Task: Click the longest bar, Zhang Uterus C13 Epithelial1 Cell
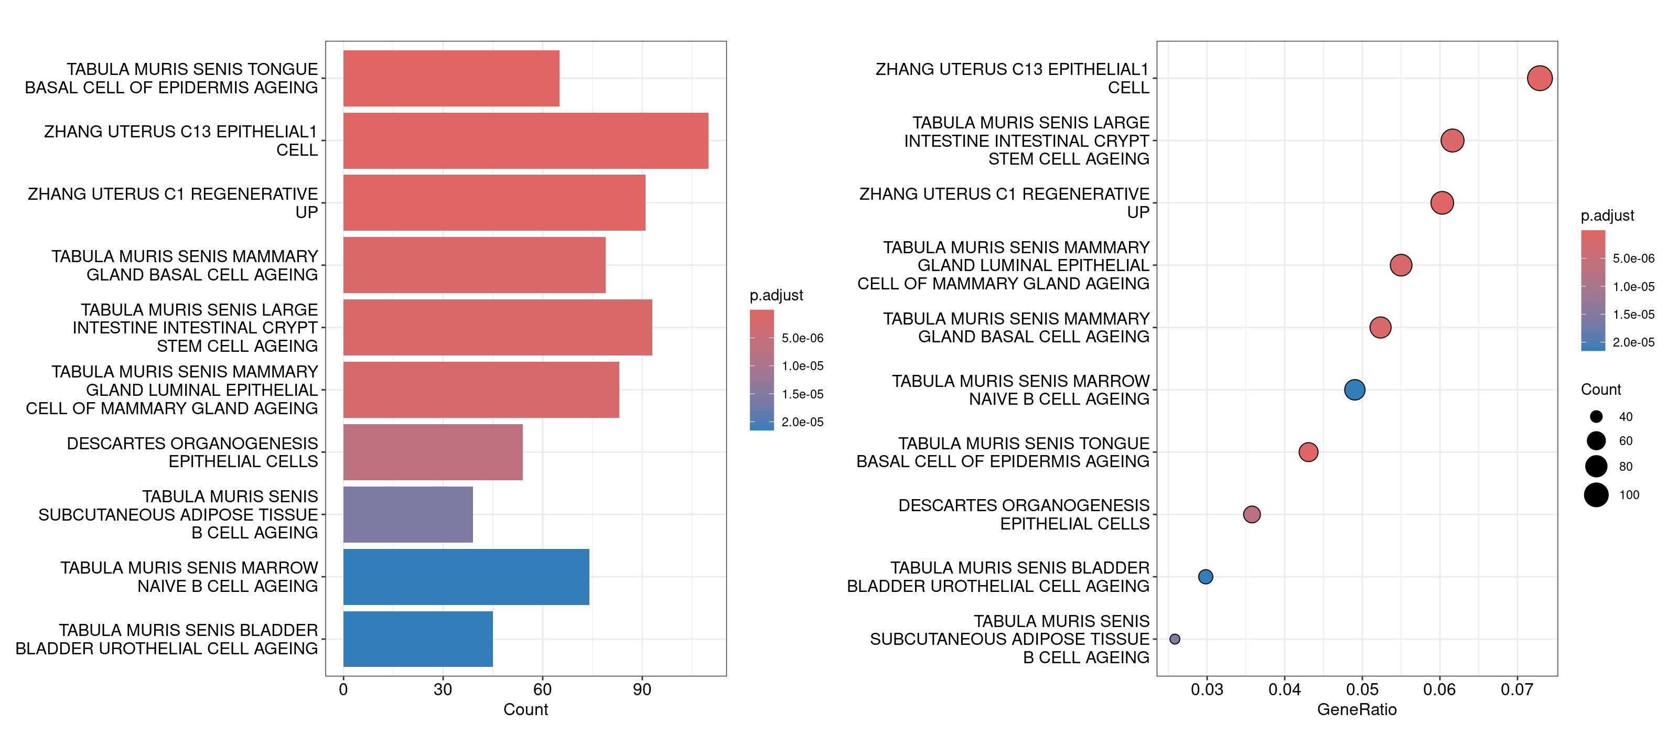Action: coord(525,141)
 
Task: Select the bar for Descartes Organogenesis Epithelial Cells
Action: coord(433,452)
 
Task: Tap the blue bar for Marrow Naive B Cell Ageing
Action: coord(466,576)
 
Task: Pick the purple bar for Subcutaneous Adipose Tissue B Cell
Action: coord(408,514)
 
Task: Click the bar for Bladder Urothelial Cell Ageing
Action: coord(417,639)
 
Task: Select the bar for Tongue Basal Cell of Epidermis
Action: coord(451,78)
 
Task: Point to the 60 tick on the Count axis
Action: coord(542,689)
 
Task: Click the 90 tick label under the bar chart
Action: coord(642,689)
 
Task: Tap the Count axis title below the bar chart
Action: coord(525,709)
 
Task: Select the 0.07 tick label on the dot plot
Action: coord(1516,689)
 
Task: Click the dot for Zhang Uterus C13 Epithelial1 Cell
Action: coord(1539,78)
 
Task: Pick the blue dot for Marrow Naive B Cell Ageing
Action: coord(1354,390)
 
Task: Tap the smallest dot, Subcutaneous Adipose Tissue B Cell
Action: coord(1175,639)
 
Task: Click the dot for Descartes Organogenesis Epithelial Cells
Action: coord(1251,514)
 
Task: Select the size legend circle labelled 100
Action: coord(1596,495)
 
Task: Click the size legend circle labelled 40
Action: coord(1596,417)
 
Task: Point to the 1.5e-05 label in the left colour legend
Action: coord(802,394)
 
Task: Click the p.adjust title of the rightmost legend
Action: coord(1607,215)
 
